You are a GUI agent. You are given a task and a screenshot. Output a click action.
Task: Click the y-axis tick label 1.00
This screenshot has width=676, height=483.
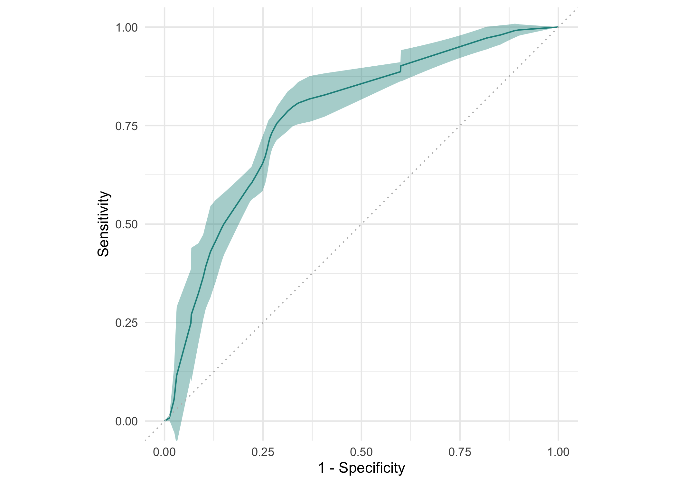click(126, 28)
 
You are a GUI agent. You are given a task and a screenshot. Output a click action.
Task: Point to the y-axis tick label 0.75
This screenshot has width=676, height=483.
click(126, 126)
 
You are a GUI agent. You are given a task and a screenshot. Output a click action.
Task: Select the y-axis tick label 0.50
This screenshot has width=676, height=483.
click(126, 224)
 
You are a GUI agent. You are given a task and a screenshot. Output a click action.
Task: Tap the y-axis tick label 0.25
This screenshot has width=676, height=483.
click(126, 323)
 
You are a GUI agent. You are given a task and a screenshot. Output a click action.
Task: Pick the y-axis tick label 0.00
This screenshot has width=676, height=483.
click(126, 421)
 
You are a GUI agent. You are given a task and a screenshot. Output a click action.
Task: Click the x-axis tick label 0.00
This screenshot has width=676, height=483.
click(164, 452)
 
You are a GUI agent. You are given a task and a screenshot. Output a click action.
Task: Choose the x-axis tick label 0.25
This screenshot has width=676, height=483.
click(263, 452)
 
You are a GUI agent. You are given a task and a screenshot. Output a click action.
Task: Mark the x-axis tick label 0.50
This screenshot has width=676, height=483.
click(361, 452)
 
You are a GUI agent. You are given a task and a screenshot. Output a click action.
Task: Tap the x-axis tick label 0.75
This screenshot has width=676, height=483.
click(460, 452)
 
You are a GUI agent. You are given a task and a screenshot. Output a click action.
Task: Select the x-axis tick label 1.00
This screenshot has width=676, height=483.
click(558, 452)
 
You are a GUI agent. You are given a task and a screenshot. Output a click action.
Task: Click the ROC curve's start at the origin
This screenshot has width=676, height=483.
click(165, 421)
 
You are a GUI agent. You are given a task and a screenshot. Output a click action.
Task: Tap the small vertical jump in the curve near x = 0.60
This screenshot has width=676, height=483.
click(400, 69)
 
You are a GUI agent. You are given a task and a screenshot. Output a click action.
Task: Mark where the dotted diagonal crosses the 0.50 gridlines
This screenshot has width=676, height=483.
click(361, 224)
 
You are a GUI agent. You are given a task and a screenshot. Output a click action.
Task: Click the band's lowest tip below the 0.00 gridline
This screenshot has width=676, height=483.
click(176, 440)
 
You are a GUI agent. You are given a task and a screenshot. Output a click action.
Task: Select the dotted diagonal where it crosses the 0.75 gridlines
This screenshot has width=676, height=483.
click(460, 126)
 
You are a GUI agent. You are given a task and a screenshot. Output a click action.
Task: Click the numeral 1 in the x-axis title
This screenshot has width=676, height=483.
click(321, 468)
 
